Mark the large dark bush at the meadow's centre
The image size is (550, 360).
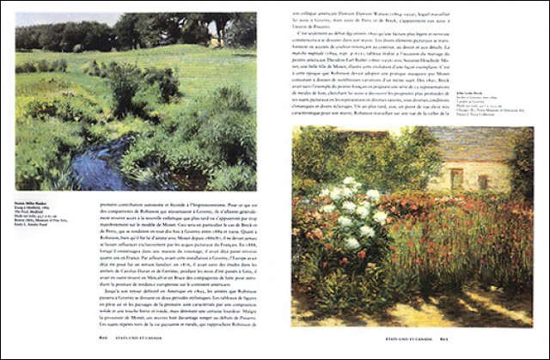point(160,82)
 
